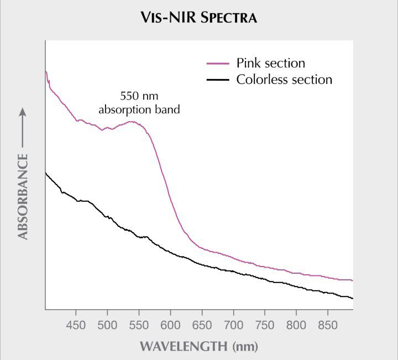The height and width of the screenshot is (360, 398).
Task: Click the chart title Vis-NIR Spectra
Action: click(x=199, y=18)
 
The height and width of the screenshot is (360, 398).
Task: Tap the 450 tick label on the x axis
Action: click(x=76, y=325)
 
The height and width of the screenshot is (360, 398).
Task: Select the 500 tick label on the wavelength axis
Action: click(x=107, y=325)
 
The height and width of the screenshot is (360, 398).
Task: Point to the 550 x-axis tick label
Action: click(x=139, y=325)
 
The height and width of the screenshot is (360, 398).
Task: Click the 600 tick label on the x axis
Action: click(x=170, y=325)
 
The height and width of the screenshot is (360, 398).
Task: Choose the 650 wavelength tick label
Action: click(x=202, y=325)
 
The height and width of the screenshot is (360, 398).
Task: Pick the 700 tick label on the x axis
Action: click(x=233, y=325)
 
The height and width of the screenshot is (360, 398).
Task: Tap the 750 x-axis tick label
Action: click(x=265, y=325)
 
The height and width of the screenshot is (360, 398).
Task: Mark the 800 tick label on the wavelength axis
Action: click(x=296, y=325)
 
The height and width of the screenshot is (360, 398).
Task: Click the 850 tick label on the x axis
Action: click(x=328, y=325)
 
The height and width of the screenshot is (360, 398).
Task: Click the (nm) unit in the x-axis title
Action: click(x=243, y=347)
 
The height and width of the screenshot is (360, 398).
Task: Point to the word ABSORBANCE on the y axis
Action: click(x=23, y=197)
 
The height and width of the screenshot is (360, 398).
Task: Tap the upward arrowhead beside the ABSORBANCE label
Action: click(x=23, y=111)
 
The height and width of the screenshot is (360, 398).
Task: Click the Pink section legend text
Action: click(x=271, y=63)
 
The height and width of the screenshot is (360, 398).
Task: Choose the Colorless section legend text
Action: click(x=284, y=80)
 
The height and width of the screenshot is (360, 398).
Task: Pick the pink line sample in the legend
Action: click(x=217, y=64)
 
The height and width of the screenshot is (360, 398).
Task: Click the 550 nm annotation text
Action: click(x=139, y=95)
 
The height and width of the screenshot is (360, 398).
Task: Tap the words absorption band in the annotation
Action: click(x=139, y=109)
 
